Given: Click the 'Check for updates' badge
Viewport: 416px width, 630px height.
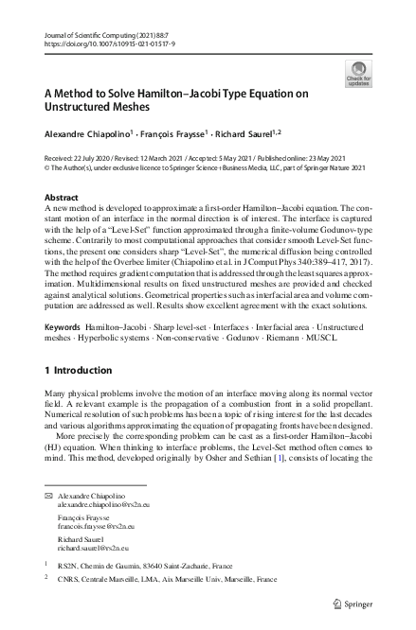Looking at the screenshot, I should pyautogui.click(x=359, y=73).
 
